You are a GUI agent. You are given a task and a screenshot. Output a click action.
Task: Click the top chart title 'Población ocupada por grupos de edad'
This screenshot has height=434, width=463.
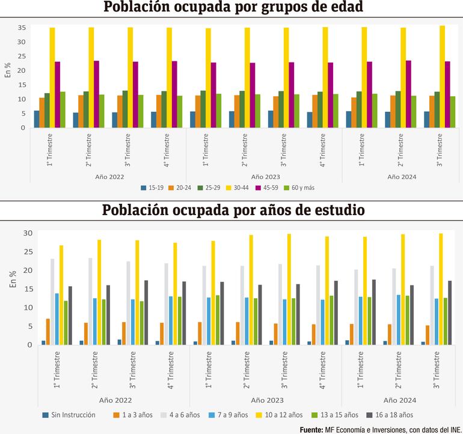click(x=233, y=8)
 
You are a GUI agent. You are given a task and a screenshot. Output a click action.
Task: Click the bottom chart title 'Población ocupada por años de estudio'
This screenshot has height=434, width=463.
click(x=233, y=211)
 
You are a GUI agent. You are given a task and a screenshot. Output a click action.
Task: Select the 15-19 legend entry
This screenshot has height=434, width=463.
click(x=152, y=188)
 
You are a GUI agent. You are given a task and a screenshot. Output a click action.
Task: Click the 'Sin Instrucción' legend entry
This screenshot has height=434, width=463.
click(x=69, y=415)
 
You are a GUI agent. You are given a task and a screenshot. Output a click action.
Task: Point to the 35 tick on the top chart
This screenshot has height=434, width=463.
click(x=22, y=28)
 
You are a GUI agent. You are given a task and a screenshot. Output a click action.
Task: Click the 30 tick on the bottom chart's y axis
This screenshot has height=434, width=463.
click(x=28, y=233)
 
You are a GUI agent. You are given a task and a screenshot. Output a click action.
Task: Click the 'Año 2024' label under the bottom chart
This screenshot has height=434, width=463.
click(x=400, y=400)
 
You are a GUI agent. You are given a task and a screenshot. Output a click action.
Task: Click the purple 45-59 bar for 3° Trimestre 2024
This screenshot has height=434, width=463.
click(x=447, y=94)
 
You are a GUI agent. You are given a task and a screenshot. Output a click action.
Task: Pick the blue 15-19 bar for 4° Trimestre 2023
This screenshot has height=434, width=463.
click(x=310, y=120)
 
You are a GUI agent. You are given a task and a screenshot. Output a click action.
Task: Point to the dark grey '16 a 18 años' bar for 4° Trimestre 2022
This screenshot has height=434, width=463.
click(x=184, y=313)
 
